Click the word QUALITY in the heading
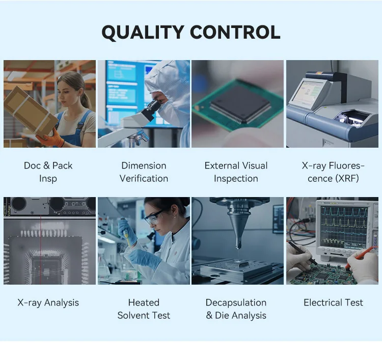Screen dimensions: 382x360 coord(143,33)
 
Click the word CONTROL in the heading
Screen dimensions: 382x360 coord(235,32)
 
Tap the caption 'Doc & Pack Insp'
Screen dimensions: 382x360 coord(48,172)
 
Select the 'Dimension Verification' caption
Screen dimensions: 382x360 coord(144,172)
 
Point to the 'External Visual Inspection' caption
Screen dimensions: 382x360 coord(236,172)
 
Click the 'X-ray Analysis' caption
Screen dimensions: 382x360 coord(48,303)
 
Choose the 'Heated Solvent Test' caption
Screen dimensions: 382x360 coord(144,309)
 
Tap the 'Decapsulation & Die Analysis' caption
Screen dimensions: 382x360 coord(236,309)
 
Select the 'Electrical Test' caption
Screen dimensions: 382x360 coord(333,302)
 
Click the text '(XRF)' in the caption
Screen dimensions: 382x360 coord(347,179)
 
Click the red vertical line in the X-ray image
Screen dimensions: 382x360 coord(41,250)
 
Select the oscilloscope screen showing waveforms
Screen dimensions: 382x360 coord(344,226)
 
